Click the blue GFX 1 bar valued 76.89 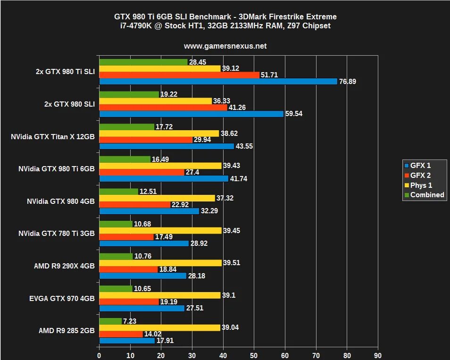click(x=218, y=82)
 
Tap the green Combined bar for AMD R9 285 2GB click(x=110, y=321)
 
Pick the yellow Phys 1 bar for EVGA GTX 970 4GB click(x=160, y=295)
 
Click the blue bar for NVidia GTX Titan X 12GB click(x=167, y=146)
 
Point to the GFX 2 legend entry click(x=420, y=176)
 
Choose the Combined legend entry click(x=427, y=195)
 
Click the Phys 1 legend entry click(x=421, y=185)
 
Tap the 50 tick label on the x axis click(x=254, y=355)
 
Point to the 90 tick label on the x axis click(x=378, y=355)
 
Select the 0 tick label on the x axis click(x=99, y=355)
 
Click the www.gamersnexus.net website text click(x=225, y=46)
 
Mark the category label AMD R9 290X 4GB click(x=64, y=266)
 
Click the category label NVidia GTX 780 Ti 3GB click(x=57, y=234)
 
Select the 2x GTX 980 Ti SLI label click(x=65, y=72)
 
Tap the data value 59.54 click(x=294, y=114)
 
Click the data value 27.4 click(x=192, y=172)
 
